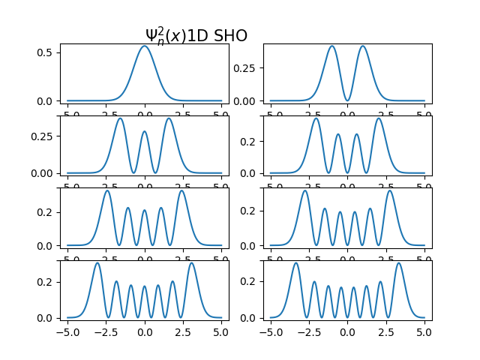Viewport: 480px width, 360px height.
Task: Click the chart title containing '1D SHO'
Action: click(x=196, y=36)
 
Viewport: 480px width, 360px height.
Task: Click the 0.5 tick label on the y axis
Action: click(x=44, y=52)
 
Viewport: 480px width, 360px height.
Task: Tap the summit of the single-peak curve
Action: click(x=145, y=46)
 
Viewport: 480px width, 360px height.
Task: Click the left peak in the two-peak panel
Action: click(x=331, y=46)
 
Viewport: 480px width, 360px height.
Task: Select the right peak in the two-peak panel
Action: click(x=363, y=46)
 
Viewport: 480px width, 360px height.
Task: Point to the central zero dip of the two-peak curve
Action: click(x=347, y=100)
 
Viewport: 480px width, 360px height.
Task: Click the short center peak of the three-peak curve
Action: click(x=145, y=132)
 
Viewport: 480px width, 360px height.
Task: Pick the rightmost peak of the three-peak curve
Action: click(x=169, y=118)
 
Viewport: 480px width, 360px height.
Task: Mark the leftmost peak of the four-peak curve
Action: click(x=316, y=118)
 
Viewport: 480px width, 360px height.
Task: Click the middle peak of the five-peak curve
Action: click(x=145, y=210)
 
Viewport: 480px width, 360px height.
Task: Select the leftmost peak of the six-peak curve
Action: click(x=304, y=190)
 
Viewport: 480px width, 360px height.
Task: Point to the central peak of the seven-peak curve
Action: click(x=145, y=285)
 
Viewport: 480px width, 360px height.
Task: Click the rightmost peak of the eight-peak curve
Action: click(x=398, y=262)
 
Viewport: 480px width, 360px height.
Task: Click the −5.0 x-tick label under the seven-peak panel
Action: click(x=67, y=331)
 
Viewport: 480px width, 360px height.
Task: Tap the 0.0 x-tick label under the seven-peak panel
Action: click(x=145, y=331)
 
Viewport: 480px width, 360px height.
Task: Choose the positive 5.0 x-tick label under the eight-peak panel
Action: click(x=424, y=331)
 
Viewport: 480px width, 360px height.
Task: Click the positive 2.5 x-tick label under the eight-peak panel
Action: click(x=385, y=331)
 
